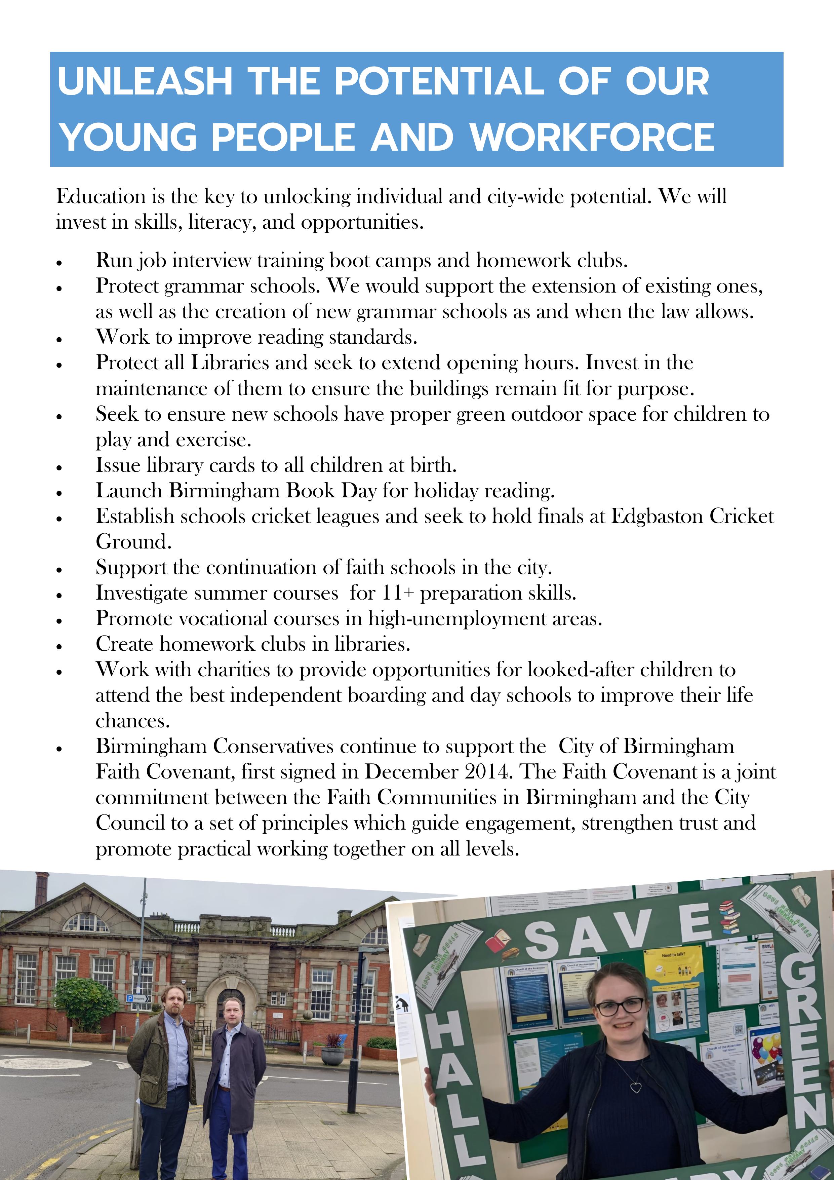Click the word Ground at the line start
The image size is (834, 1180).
(133, 542)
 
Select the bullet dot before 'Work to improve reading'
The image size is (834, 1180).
(59, 340)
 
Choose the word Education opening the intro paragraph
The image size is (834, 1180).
(101, 196)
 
